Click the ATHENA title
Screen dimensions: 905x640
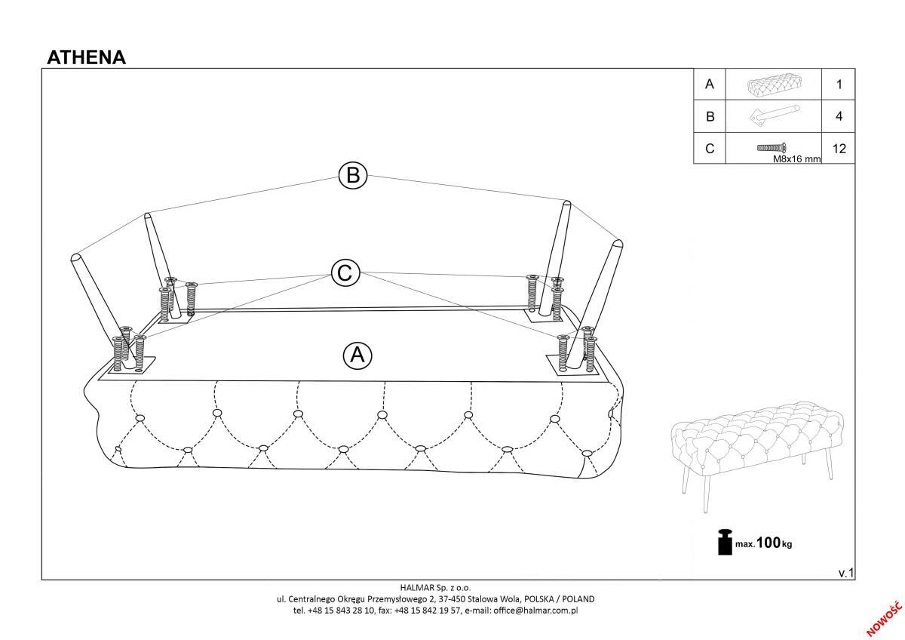[x=87, y=57]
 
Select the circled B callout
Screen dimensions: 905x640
[x=353, y=176]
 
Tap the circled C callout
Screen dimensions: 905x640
[x=345, y=273]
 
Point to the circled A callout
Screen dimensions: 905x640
[x=357, y=355]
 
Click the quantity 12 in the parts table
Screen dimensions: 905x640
[x=839, y=149]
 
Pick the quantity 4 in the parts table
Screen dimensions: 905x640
[x=839, y=116]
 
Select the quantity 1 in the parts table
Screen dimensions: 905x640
[x=839, y=85]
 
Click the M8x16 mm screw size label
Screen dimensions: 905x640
[x=796, y=159]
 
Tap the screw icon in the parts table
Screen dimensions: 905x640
[x=772, y=148]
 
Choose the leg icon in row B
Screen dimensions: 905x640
[x=775, y=115]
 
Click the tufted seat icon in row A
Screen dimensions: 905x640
[x=775, y=85]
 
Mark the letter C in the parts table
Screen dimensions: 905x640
[x=710, y=149]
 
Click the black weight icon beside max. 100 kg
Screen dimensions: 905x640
[x=725, y=541]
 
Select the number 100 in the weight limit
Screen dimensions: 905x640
[x=768, y=543]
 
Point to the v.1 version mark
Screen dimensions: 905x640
[x=846, y=573]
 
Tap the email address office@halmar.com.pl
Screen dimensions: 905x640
[x=535, y=611]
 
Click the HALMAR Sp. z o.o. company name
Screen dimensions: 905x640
[x=436, y=587]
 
